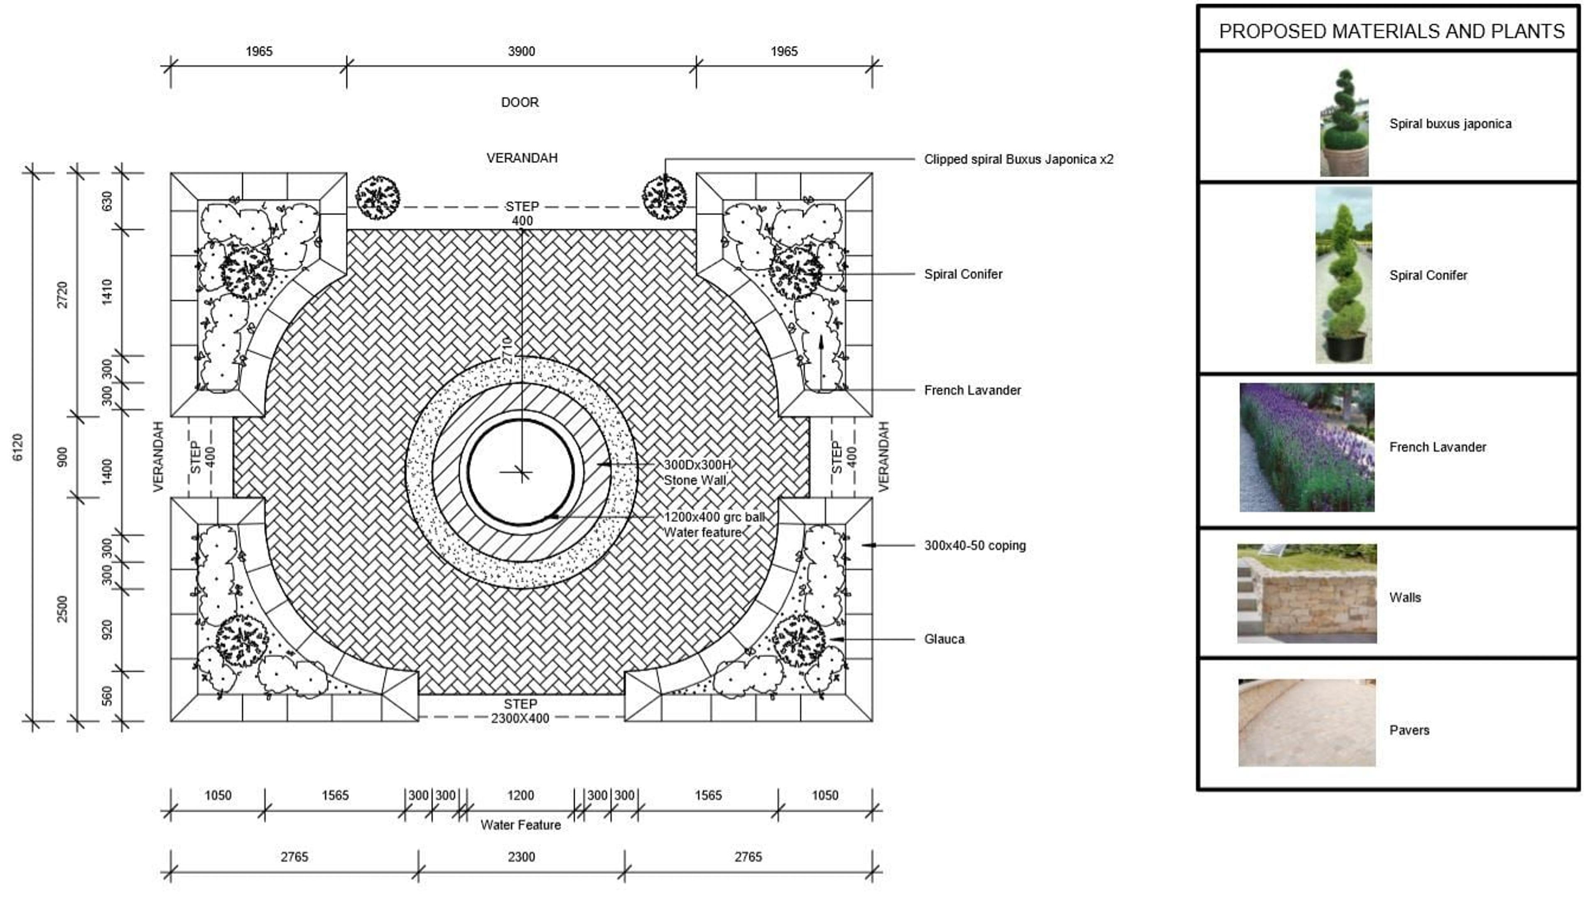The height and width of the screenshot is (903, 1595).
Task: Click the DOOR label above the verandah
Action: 520,102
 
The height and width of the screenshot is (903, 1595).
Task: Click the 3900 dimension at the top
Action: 521,52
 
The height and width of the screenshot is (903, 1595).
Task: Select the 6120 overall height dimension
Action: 18,447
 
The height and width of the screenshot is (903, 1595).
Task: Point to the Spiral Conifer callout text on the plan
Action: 962,274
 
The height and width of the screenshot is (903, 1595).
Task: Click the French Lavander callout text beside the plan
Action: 972,390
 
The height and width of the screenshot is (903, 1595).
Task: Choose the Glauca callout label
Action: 944,639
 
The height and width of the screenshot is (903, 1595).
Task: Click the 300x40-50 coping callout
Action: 974,546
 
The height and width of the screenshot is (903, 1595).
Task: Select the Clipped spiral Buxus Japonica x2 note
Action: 1018,159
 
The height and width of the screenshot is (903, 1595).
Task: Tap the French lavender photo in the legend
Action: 1307,447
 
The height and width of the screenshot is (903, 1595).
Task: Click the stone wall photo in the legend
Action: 1307,594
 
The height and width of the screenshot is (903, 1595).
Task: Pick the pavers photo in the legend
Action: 1307,722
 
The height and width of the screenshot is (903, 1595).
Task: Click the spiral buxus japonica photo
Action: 1344,123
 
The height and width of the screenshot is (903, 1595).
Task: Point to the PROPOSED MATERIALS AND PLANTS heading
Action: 1391,31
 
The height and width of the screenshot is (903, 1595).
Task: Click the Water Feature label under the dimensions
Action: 520,825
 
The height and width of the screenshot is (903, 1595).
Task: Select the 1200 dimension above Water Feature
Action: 520,795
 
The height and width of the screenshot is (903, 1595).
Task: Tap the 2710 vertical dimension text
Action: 507,351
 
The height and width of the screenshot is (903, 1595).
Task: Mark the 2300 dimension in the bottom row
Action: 521,857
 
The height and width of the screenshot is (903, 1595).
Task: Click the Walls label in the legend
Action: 1405,597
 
